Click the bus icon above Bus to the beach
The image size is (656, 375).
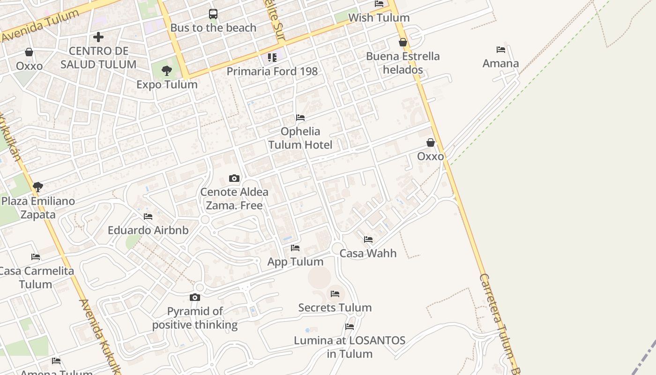click(213, 14)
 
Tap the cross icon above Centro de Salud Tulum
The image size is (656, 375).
click(98, 37)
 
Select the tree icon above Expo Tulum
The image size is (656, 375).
click(166, 71)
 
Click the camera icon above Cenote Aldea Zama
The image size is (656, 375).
click(234, 178)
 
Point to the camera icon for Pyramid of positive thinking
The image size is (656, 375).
click(195, 297)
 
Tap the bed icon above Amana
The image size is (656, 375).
click(501, 50)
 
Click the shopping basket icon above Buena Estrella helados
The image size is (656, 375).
click(403, 42)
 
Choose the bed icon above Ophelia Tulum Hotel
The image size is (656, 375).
click(300, 117)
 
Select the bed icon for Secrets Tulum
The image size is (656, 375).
click(335, 294)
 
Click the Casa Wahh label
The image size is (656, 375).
click(368, 253)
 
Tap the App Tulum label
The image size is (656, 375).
click(295, 262)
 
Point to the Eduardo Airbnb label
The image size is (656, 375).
click(148, 230)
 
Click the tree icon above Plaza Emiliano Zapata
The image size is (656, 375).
click(38, 187)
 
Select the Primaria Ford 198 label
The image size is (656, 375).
click(272, 71)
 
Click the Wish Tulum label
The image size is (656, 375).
click(379, 18)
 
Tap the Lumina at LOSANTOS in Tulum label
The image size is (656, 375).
click(350, 347)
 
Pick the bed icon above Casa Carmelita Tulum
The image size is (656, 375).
click(36, 256)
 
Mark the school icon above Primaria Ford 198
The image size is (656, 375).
click(272, 57)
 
